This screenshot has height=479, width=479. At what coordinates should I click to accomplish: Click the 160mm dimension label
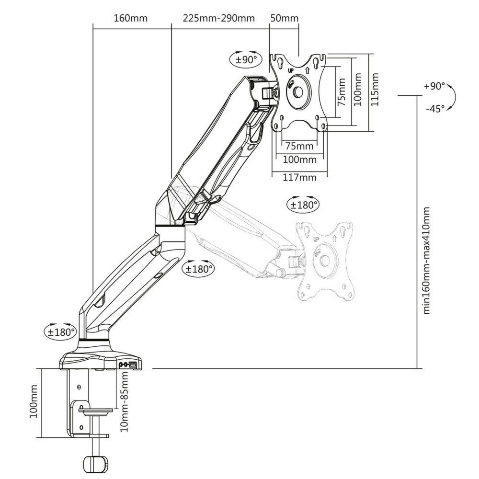tap(130, 19)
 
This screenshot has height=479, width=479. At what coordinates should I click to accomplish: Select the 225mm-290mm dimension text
tap(218, 19)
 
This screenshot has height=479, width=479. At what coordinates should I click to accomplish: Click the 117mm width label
tap(299, 178)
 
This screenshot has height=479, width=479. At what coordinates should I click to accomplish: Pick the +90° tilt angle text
tap(434, 87)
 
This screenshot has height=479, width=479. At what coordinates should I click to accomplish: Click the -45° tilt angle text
tap(434, 109)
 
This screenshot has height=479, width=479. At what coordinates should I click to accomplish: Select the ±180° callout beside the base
tap(61, 331)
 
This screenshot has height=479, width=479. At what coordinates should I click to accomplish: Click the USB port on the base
tap(132, 365)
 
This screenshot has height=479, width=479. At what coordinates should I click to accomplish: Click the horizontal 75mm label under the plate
tap(299, 146)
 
